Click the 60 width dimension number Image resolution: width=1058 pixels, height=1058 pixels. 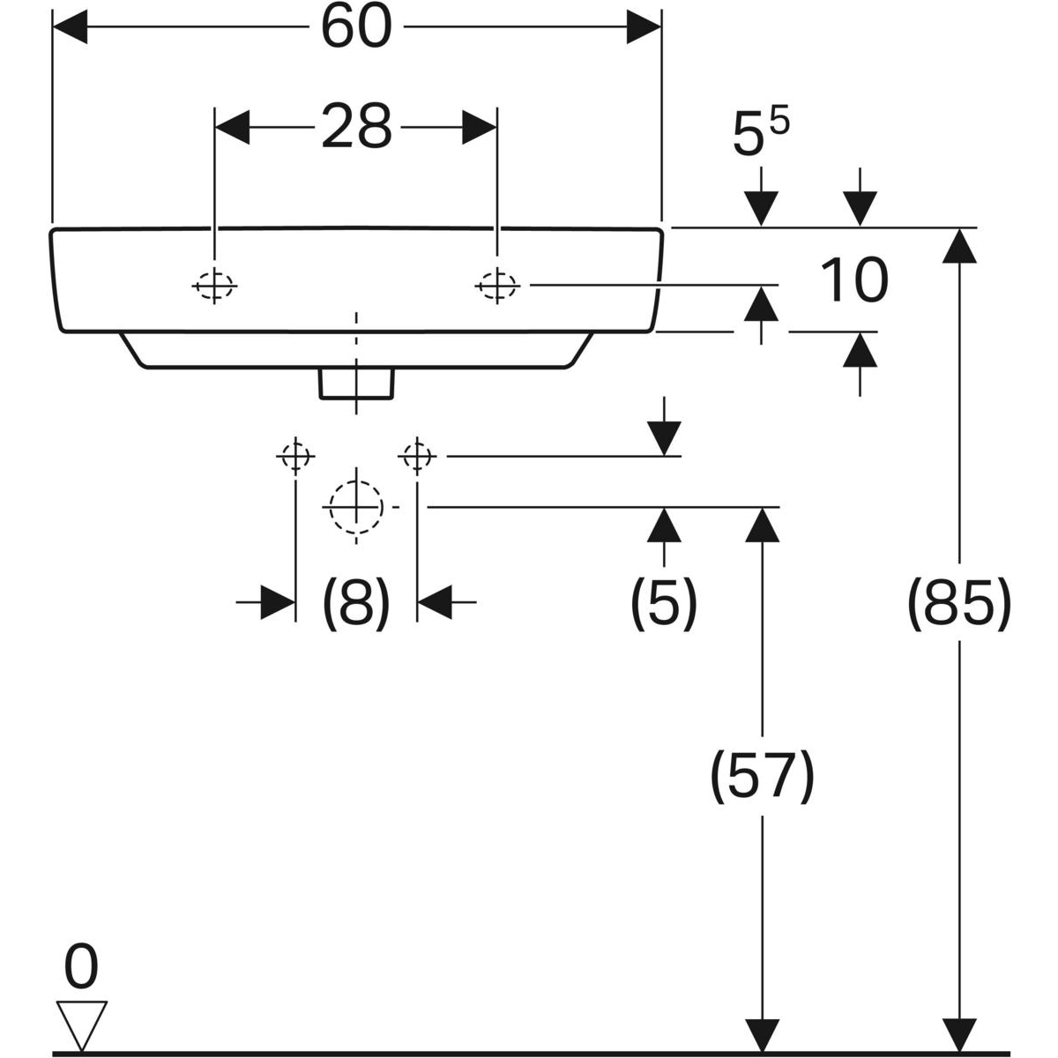click(x=355, y=27)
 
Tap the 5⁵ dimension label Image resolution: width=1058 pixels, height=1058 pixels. click(x=760, y=135)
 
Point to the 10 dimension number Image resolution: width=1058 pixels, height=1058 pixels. click(x=853, y=280)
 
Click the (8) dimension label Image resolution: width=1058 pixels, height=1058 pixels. click(x=355, y=604)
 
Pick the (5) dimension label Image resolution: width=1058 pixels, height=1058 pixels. click(x=663, y=604)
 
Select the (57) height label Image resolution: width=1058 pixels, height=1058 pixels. click(x=762, y=776)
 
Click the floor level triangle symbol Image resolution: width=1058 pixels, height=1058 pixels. click(x=81, y=1022)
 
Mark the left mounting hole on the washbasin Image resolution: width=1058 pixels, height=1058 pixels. click(x=214, y=285)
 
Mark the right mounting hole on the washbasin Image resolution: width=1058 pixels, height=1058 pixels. click(x=497, y=285)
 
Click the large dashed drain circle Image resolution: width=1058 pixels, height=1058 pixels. click(x=356, y=508)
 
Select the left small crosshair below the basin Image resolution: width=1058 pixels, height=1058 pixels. click(x=294, y=457)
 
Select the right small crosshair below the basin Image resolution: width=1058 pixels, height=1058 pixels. click(x=417, y=457)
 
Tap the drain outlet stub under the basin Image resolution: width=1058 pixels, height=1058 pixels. click(x=356, y=384)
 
